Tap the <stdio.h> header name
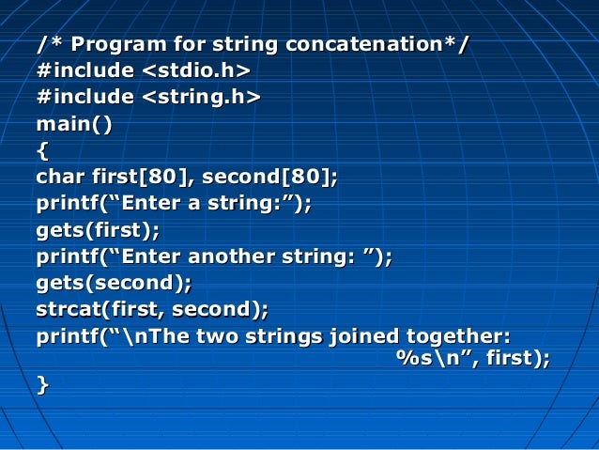[195, 70]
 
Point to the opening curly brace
[41, 149]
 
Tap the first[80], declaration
[144, 176]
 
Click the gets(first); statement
[98, 228]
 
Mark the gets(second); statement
[114, 281]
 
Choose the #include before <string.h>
[84, 97]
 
